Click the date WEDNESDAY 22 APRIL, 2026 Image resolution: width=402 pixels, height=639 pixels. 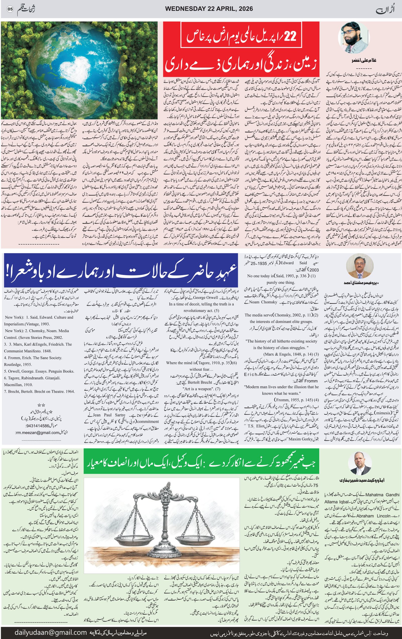click(x=209, y=9)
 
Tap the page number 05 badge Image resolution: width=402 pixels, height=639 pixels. click(x=10, y=9)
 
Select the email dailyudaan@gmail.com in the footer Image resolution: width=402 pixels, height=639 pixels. click(x=51, y=633)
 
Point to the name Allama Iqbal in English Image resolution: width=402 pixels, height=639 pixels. click(x=337, y=502)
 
